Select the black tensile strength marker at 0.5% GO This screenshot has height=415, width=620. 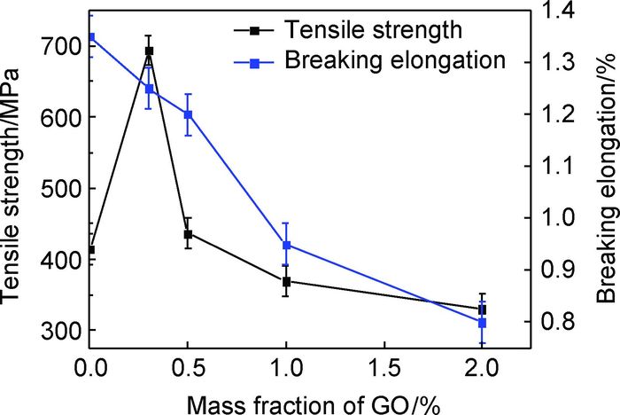[188, 234]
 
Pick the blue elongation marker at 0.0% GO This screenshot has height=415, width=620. [90, 37]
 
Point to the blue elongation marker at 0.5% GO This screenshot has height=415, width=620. [188, 114]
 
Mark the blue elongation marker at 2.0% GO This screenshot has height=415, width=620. [482, 323]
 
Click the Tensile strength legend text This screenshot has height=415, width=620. [373, 29]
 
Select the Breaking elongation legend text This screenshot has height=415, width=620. [396, 61]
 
